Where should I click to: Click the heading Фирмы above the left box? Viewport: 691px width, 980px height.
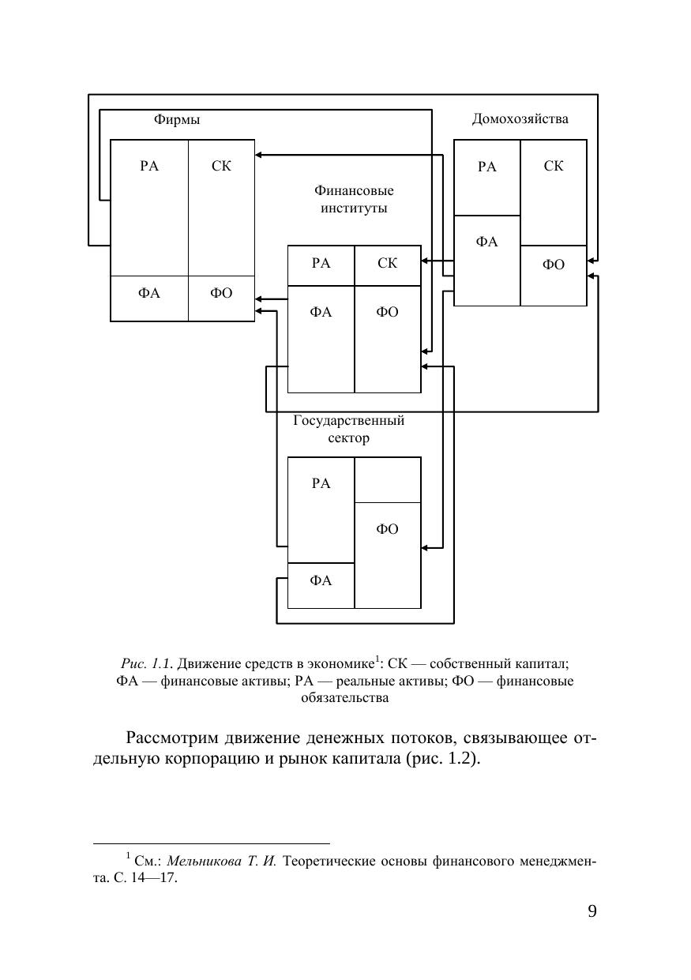(177, 120)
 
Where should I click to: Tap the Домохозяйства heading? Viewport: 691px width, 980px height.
(520, 119)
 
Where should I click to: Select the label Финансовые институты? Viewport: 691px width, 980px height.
(354, 200)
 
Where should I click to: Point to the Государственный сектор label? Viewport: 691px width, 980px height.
(348, 429)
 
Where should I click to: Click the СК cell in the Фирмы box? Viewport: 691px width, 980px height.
(222, 207)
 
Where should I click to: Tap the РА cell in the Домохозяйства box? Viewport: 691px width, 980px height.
(487, 178)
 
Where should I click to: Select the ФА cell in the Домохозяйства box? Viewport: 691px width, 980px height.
(487, 260)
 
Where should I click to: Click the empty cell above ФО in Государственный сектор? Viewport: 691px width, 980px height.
(387, 479)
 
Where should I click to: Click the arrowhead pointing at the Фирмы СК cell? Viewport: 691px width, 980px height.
(259, 155)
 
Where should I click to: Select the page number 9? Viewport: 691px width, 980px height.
(591, 912)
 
